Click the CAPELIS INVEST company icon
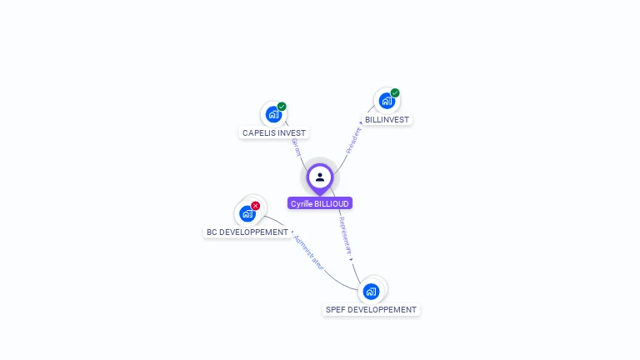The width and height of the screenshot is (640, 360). pyautogui.click(x=273, y=115)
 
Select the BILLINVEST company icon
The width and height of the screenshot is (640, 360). pyautogui.click(x=387, y=102)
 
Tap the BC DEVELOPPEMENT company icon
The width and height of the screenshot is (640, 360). pyautogui.click(x=247, y=214)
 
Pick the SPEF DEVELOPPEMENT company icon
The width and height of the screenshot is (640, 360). pyautogui.click(x=372, y=292)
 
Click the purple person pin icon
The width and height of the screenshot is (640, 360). pyautogui.click(x=320, y=177)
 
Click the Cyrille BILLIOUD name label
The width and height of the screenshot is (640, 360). pyautogui.click(x=320, y=203)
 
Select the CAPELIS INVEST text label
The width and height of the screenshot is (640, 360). pyautogui.click(x=274, y=133)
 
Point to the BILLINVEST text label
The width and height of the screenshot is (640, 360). pyautogui.click(x=387, y=120)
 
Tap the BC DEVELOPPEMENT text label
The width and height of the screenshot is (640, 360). pyautogui.click(x=247, y=232)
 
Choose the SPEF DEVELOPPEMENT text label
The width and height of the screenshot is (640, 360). pyautogui.click(x=371, y=310)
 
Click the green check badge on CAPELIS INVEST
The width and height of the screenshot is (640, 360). pyautogui.click(x=282, y=107)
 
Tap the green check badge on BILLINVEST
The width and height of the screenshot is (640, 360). pyautogui.click(x=395, y=93)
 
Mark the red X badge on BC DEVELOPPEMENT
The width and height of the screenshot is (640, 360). pyautogui.click(x=256, y=206)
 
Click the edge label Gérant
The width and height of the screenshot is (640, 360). pyautogui.click(x=295, y=147)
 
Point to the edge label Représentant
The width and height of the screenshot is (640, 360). pyautogui.click(x=346, y=237)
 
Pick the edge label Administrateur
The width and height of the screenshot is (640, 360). pyautogui.click(x=308, y=251)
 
